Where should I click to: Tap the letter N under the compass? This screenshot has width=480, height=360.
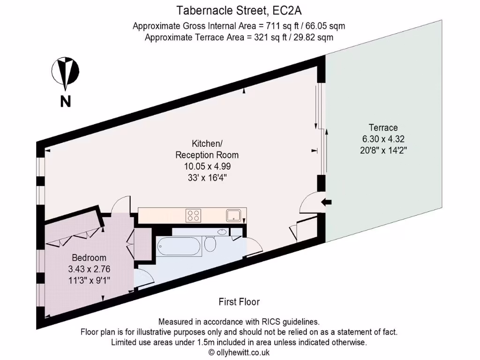(65, 101)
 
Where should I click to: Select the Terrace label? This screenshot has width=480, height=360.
(383, 127)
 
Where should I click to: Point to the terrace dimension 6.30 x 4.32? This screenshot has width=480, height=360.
(383, 139)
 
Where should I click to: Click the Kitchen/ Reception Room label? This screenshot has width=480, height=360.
(207, 149)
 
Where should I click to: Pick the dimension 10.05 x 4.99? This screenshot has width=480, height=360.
(207, 166)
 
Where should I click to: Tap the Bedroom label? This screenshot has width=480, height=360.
(89, 258)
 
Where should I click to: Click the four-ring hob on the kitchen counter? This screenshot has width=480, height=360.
(193, 215)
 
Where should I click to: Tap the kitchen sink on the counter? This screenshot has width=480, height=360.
(233, 216)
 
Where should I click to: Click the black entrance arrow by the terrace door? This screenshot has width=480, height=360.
(327, 202)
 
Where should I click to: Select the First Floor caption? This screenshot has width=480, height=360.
(239, 302)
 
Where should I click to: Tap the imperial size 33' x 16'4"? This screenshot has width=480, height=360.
(207, 177)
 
